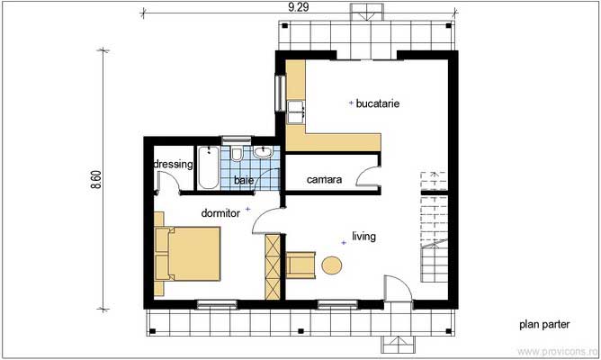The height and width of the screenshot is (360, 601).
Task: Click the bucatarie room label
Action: pos(378,103)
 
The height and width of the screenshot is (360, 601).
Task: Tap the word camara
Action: pos(324,180)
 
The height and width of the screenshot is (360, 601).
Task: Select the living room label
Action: pos(363,237)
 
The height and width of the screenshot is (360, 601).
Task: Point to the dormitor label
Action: pos(220,213)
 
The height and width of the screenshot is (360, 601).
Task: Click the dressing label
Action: pos(174,165)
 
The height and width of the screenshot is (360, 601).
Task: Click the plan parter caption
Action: pos(545,324)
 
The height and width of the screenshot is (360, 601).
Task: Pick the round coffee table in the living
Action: pos(332,265)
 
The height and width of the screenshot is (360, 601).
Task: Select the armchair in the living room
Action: pos(300,264)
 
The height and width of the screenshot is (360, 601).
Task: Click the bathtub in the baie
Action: pos(208,167)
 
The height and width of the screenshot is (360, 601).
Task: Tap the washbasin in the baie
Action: pos(263,152)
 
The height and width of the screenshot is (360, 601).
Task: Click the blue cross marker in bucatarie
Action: pos(350,104)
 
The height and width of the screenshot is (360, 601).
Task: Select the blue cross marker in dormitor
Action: pos(247,209)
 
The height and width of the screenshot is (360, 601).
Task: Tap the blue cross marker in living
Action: pos(343,240)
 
